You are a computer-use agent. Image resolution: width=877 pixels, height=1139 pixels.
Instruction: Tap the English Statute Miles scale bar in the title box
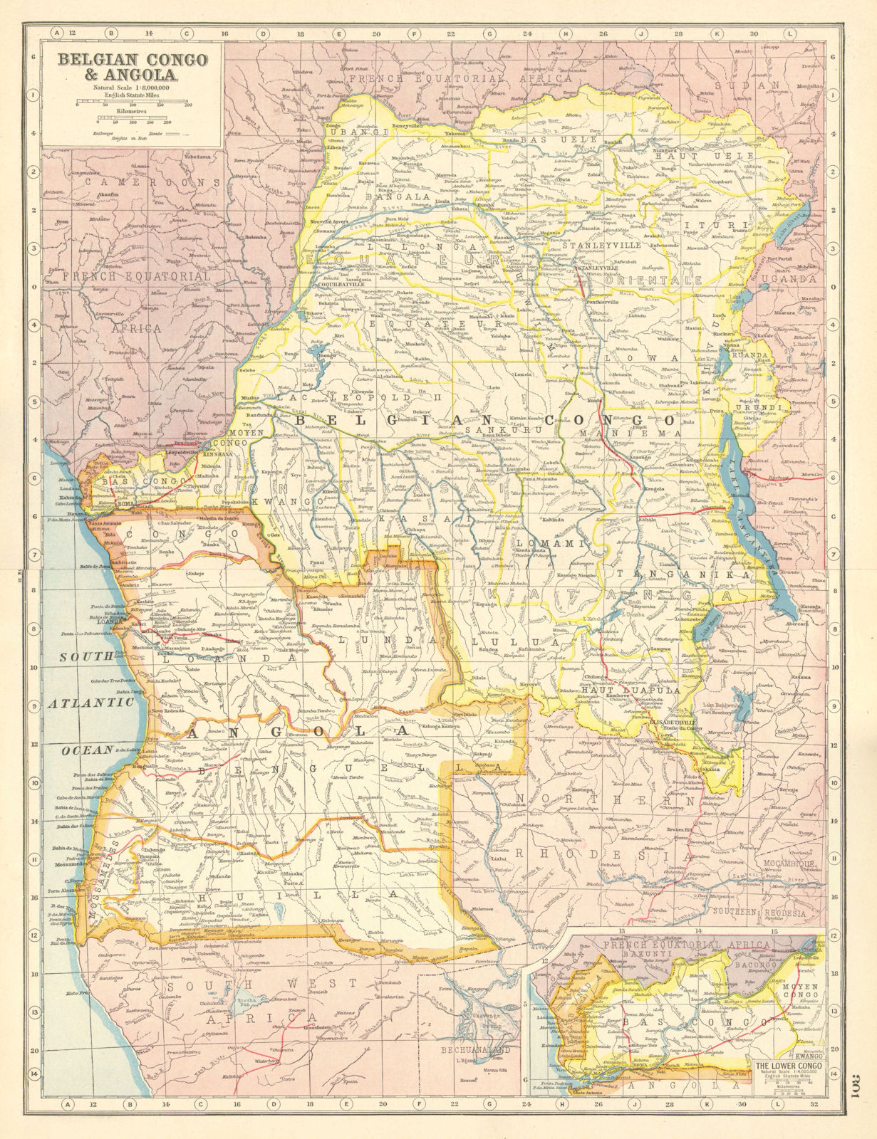pos(133,101)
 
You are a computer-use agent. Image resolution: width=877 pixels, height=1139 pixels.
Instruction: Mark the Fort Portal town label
pos(784,260)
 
